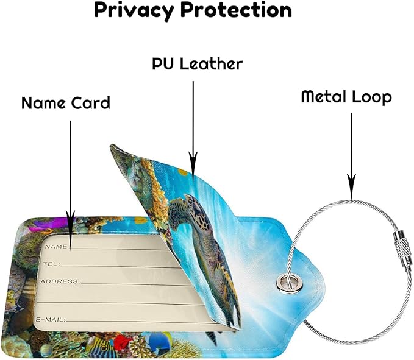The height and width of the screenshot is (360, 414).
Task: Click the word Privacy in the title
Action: click(134, 11)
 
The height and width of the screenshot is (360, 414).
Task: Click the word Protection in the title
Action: click(237, 10)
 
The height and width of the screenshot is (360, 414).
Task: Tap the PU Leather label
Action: click(197, 64)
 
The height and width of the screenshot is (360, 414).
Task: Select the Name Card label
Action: click(66, 103)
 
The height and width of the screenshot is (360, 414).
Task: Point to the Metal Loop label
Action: click(346, 97)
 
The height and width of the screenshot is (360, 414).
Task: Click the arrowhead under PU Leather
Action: click(193, 167)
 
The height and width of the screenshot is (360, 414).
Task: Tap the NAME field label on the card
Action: click(56, 247)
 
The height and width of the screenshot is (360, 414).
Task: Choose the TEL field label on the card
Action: click(51, 264)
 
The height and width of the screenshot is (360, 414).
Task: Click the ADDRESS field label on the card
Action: click(60, 281)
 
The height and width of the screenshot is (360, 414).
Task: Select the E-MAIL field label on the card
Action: click(51, 320)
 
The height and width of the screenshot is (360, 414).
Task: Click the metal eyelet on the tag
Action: click(289, 283)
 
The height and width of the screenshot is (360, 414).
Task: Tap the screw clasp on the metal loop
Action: click(402, 248)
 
